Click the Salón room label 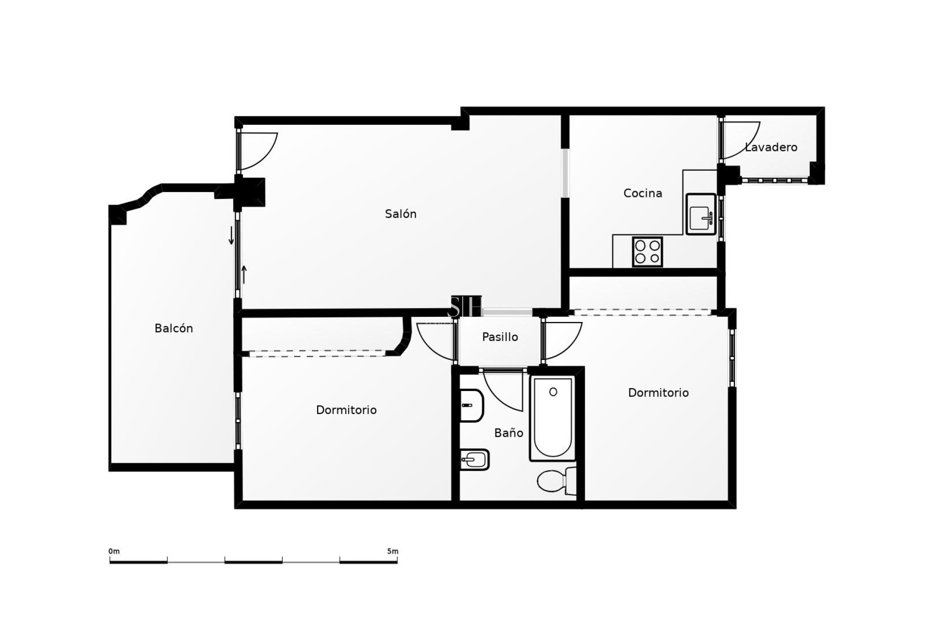[401, 214]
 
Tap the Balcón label [174, 328]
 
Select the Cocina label [642, 193]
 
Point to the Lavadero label [771, 147]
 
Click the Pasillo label [500, 337]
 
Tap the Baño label [509, 433]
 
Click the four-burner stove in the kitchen [647, 252]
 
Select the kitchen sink [701, 214]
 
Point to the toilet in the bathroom [556, 481]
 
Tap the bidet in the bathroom [474, 459]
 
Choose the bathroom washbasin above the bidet [471, 406]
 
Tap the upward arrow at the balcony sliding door [244, 274]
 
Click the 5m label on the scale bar [393, 551]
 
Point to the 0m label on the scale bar [114, 551]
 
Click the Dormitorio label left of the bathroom [346, 410]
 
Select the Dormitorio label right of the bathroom [658, 392]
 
